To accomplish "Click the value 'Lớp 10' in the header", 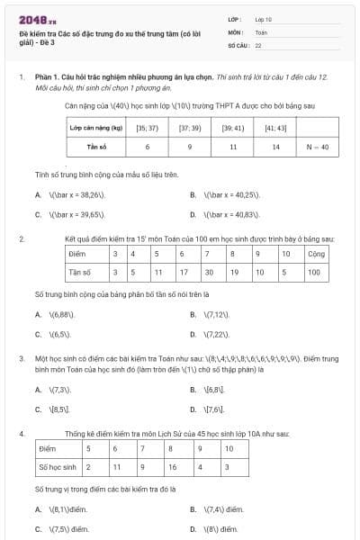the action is (x=264, y=18).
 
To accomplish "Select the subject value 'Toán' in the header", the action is (x=261, y=31).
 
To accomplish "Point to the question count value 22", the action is (x=258, y=44).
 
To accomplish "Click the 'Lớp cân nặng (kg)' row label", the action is (x=96, y=128).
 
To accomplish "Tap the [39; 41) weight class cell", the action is (x=232, y=128).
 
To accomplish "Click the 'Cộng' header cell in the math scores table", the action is (x=313, y=254).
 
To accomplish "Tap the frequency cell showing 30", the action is (x=209, y=271).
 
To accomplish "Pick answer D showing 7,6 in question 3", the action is (x=212, y=409).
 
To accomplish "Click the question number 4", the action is (x=21, y=433).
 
